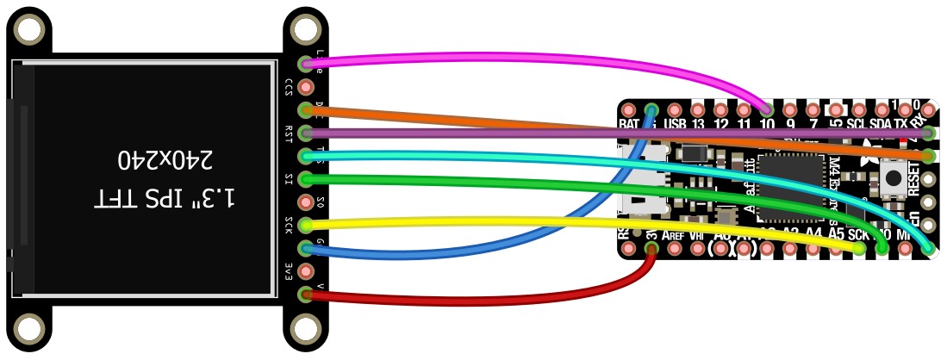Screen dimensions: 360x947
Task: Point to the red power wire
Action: [x=483, y=297]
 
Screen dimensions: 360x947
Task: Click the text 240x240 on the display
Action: [x=164, y=159]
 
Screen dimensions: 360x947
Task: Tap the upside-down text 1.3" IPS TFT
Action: [x=164, y=198]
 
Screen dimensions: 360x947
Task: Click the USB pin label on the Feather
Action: [x=675, y=125]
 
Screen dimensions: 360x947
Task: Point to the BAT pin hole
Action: [x=628, y=110]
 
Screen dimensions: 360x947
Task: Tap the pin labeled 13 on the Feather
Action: [x=698, y=110]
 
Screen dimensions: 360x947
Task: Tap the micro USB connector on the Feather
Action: [x=643, y=185]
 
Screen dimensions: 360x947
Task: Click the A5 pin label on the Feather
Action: [x=835, y=233]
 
